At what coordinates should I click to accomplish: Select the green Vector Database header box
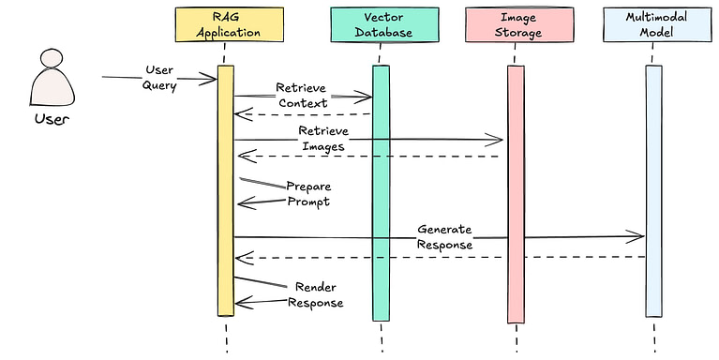pyautogui.click(x=384, y=25)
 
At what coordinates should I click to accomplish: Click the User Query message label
pyautogui.click(x=159, y=78)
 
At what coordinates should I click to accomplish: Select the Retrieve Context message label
pyautogui.click(x=302, y=95)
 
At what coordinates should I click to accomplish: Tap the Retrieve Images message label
pyautogui.click(x=322, y=138)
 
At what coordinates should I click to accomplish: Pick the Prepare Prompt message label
pyautogui.click(x=307, y=193)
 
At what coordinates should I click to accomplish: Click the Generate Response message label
pyautogui.click(x=444, y=236)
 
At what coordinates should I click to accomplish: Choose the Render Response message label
pyautogui.click(x=315, y=294)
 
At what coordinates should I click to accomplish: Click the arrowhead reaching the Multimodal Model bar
pyautogui.click(x=637, y=236)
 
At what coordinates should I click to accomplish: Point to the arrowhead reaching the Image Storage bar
pyautogui.click(x=497, y=141)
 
